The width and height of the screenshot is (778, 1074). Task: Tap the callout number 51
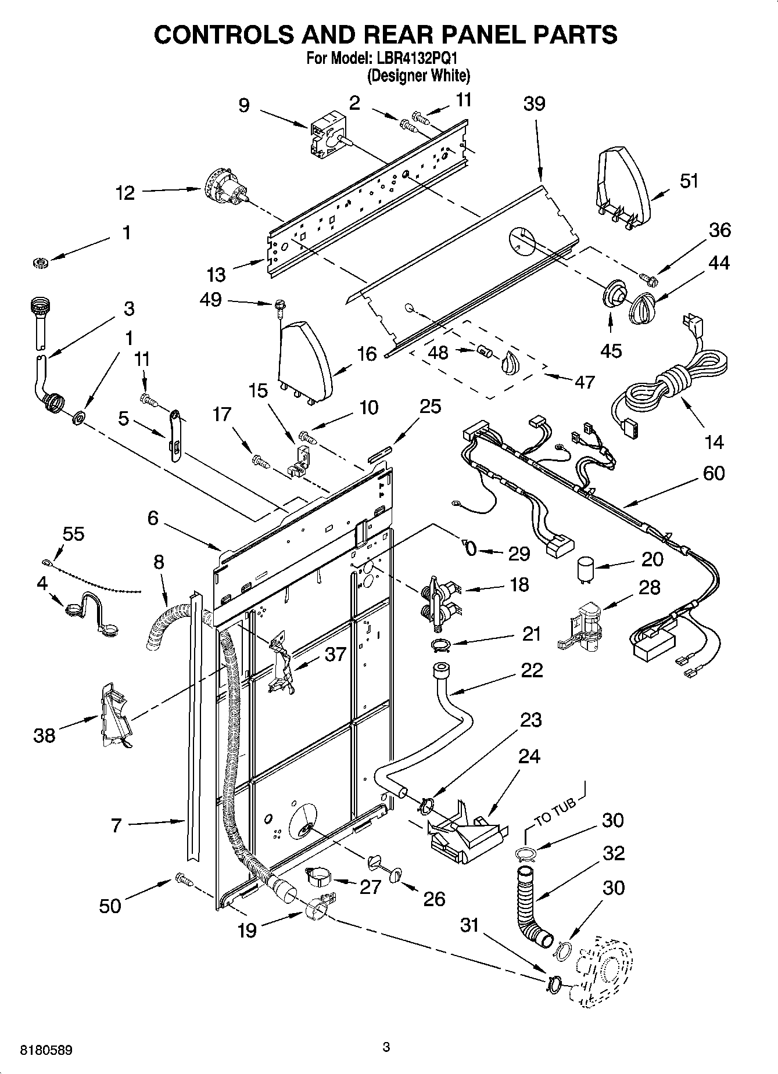[x=689, y=181]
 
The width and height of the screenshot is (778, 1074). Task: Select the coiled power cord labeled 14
[x=671, y=371]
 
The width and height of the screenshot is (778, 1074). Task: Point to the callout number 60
[x=714, y=473]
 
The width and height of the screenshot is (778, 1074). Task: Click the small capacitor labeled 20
[x=586, y=569]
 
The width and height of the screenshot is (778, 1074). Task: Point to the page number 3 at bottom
[x=386, y=1047]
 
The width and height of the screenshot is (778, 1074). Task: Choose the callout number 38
[x=44, y=735]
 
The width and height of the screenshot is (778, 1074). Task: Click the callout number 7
[x=116, y=825]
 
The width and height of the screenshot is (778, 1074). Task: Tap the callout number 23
[x=530, y=720]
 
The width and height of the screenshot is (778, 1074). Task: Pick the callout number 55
[x=73, y=533]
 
